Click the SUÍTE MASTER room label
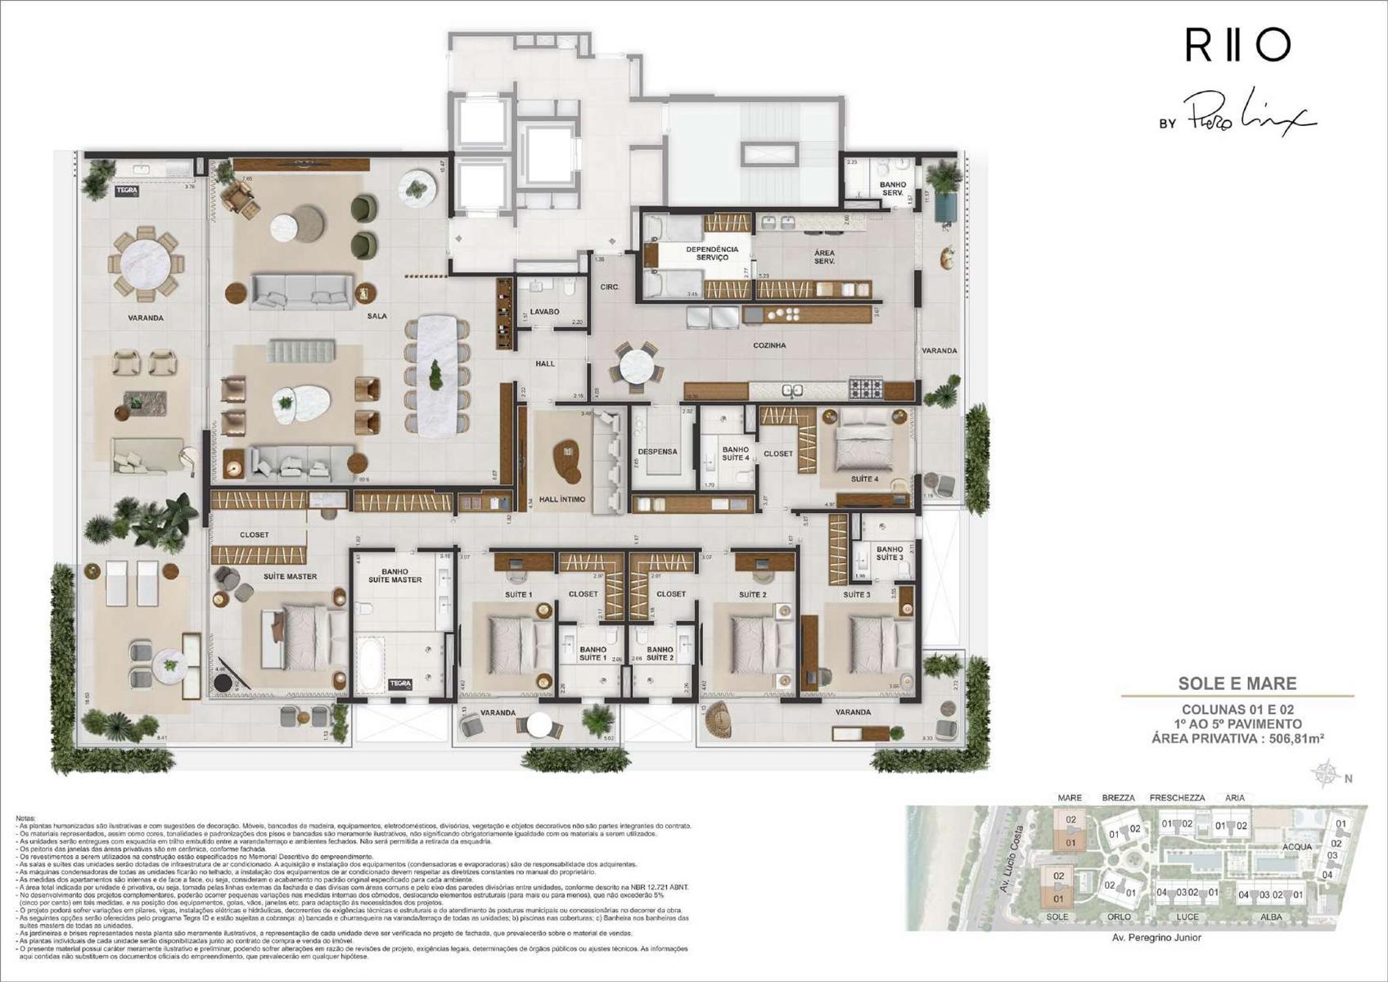[x=290, y=576]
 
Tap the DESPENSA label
[x=657, y=451]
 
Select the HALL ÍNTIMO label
[x=561, y=498]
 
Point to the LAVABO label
[x=544, y=312]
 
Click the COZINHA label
[x=769, y=345]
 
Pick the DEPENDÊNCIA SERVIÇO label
[x=712, y=254]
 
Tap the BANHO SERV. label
[x=892, y=189]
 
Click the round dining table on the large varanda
[x=146, y=264]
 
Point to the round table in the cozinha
[x=637, y=366]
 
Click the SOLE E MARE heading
[x=1237, y=683]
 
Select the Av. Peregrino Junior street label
[x=1156, y=938]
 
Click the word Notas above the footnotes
[x=26, y=818]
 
